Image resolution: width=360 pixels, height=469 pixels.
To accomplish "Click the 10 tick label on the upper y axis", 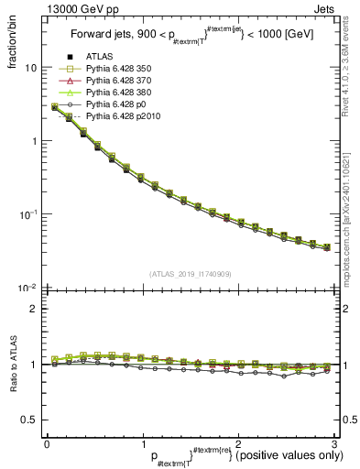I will pyautogui.click(x=30, y=69).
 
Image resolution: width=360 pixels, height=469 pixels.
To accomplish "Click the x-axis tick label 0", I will pyautogui.click(x=47, y=442).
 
